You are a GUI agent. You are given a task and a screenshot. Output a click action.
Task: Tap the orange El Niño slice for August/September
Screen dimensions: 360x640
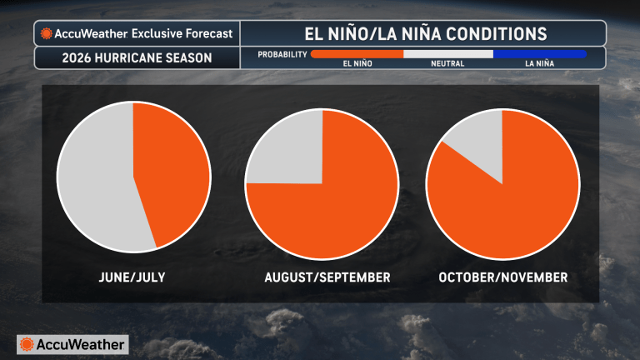coord(333,208)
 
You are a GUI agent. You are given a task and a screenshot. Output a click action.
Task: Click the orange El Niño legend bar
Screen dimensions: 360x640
coord(357,54)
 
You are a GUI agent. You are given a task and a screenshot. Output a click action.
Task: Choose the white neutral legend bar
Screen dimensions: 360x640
coord(448,54)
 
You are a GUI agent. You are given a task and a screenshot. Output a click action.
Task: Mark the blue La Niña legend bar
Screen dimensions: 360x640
coord(539,54)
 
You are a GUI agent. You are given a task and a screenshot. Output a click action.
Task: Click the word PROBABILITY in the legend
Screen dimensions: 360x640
coord(281,54)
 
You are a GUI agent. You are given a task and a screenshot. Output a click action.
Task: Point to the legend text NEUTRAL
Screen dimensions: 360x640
coord(447,64)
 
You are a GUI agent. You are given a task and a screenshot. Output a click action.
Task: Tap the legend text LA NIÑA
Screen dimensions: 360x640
coord(540,64)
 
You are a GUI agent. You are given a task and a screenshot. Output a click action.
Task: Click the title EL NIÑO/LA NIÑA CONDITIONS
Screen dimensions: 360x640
coord(424,33)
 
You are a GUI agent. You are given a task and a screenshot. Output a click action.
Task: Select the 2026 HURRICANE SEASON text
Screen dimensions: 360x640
coord(137,58)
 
